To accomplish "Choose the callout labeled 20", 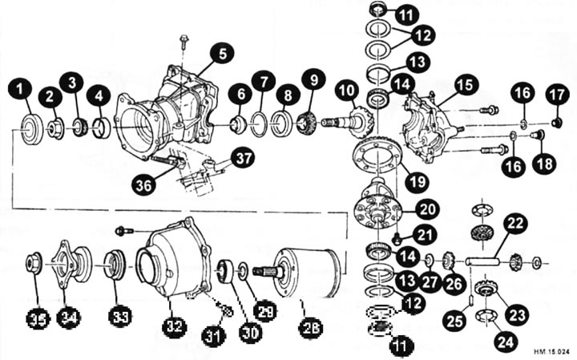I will coord(427,209).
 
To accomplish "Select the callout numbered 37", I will coord(243,157).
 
